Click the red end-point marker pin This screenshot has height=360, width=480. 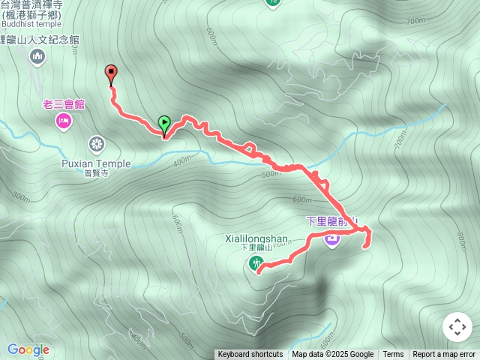(112, 74)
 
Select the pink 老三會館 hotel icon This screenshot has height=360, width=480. (63, 121)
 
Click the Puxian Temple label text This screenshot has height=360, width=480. (96, 163)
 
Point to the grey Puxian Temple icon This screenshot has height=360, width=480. (96, 144)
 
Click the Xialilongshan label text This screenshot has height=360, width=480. (256, 239)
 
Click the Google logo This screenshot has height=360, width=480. (28, 349)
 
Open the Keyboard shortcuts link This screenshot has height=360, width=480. (250, 355)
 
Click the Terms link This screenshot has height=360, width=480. (393, 355)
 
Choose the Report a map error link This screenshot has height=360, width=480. (444, 355)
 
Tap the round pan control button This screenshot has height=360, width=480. (457, 327)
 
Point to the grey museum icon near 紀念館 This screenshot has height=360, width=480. (37, 56)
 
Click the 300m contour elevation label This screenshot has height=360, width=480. (22, 197)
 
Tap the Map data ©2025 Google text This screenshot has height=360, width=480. (332, 355)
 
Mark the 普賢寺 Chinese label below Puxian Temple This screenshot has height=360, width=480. (96, 172)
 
